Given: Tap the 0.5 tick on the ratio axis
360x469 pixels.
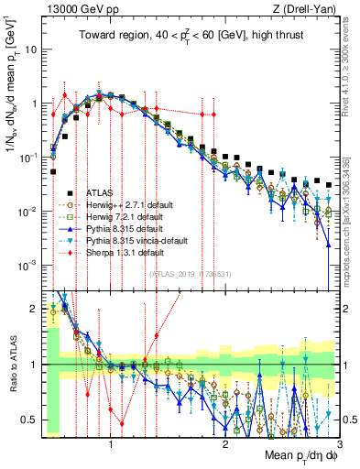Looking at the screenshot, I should [x=31, y=419].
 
